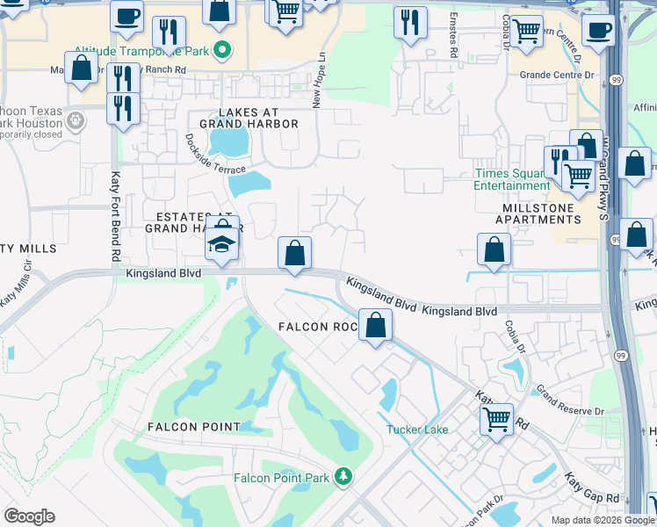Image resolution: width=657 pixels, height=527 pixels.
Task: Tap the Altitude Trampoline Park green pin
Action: [223, 51]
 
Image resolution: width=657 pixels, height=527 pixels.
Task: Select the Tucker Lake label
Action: [417, 430]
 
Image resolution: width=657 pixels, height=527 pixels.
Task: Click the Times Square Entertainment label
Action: [512, 179]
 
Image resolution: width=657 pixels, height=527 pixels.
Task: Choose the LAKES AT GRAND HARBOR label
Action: [249, 118]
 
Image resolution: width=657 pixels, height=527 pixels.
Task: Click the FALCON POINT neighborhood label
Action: [193, 427]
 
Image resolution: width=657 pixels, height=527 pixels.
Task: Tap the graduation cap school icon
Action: [222, 242]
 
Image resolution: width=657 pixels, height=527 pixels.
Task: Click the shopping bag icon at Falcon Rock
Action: [375, 325]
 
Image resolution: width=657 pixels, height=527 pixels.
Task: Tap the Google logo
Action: [29, 517]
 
